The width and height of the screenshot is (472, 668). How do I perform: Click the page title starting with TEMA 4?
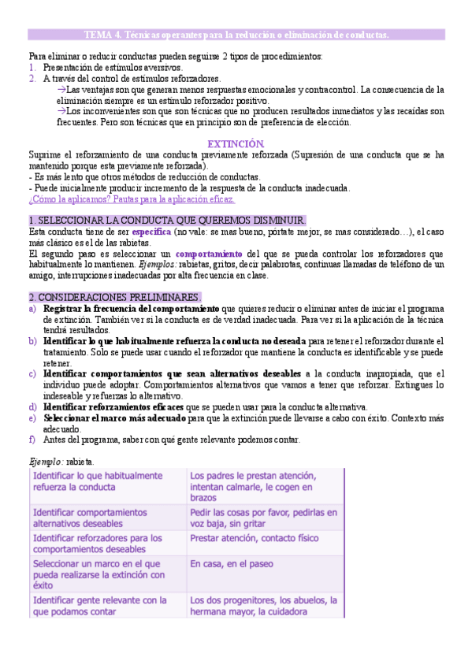pos(236,35)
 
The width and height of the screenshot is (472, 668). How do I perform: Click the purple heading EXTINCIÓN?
pos(235,144)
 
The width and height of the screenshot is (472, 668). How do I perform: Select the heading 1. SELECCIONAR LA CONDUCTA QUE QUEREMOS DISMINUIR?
pos(167,221)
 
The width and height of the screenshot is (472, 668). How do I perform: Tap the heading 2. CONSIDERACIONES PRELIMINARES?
pos(115,297)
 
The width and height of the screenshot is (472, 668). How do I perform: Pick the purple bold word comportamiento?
pos(208,254)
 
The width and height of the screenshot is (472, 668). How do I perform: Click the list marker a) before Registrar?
pos(32,309)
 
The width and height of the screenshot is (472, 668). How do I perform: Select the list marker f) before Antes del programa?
pos(32,440)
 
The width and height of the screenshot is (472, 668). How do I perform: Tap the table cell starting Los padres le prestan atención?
pos(264,487)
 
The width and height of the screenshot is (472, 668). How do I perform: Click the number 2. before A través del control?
pos(32,79)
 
